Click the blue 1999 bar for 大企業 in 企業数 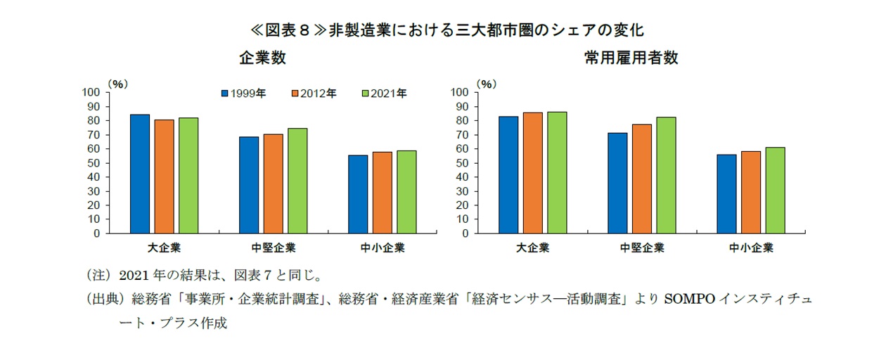(x=139, y=174)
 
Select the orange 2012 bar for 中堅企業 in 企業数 (x=273, y=184)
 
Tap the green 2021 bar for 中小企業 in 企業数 (x=406, y=192)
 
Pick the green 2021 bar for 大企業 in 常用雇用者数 (x=557, y=172)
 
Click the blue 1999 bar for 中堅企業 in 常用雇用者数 (x=618, y=183)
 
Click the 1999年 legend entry (x=243, y=93)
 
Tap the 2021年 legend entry (x=383, y=93)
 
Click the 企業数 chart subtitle (x=262, y=58)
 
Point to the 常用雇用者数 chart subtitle (x=631, y=58)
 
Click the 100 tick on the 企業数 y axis (x=92, y=92)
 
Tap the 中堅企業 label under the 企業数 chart (x=273, y=248)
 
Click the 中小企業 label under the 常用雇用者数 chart (x=751, y=248)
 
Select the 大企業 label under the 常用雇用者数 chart (x=532, y=248)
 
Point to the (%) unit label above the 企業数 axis (x=117, y=82)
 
